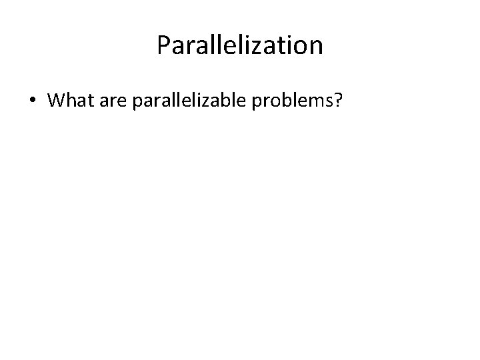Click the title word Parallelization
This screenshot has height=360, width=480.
click(240, 45)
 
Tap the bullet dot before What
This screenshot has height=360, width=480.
click(32, 101)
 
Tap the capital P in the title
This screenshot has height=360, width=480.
click(164, 45)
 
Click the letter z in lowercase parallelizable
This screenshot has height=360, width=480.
click(217, 101)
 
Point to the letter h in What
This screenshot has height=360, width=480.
click(69, 101)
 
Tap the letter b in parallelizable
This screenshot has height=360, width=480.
click(237, 101)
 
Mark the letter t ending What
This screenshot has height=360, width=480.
click(87, 101)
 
